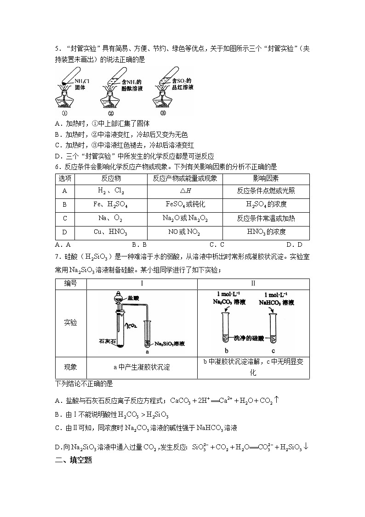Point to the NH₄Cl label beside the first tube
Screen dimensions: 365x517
[x=83, y=81]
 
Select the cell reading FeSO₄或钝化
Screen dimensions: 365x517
[x=185, y=204]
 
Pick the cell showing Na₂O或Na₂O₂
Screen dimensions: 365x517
[x=185, y=218]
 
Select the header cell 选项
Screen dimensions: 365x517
[x=64, y=178]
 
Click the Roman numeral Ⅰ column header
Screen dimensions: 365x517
[x=142, y=283]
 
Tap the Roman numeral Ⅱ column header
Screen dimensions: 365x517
[x=253, y=283]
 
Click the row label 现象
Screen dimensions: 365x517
[x=71, y=367]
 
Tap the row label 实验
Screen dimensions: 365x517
[x=71, y=323]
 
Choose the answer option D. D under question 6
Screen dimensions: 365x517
[x=294, y=245]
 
